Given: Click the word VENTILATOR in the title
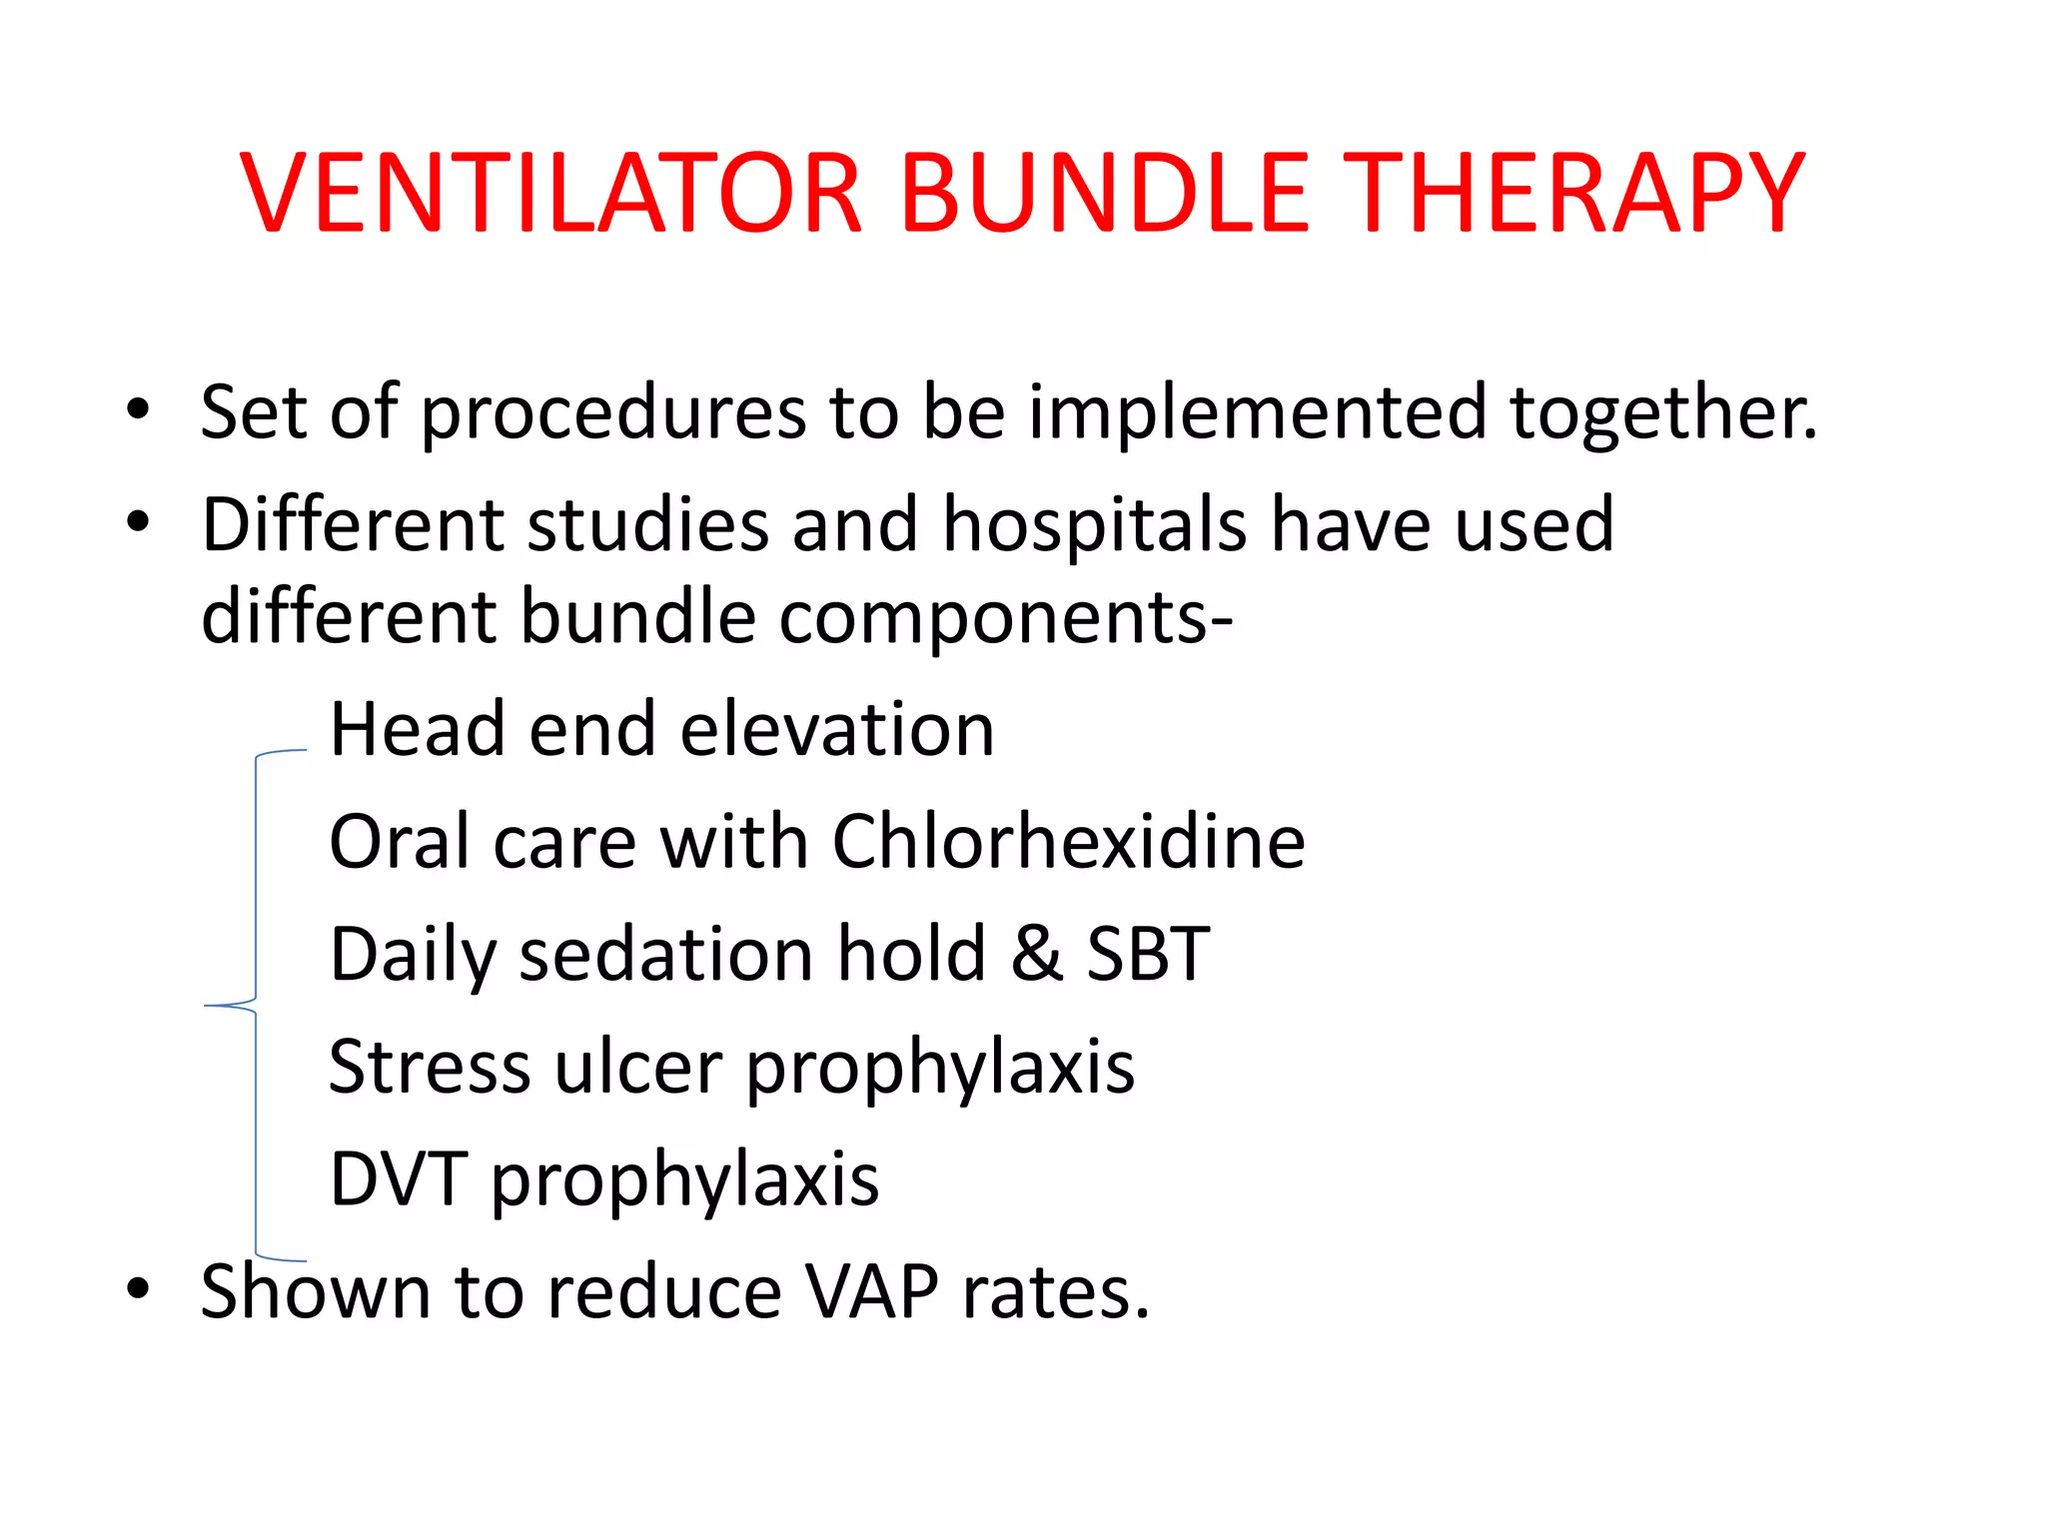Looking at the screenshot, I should (550, 194).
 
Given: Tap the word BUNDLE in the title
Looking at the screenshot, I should (1105, 194).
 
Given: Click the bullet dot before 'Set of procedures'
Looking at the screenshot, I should (138, 408).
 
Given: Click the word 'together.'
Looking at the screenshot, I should (1662, 413).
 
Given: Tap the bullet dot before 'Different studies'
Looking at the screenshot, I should (138, 520).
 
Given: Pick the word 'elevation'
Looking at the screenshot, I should (837, 730).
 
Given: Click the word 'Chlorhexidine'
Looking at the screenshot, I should (1068, 842).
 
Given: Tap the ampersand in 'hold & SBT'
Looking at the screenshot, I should (1036, 954).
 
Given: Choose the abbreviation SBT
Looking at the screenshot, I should (1148, 954).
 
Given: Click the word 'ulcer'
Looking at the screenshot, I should (638, 1068).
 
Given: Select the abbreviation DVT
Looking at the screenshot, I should (398, 1179).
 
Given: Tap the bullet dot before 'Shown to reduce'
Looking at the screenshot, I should (138, 1288).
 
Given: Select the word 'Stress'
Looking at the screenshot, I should (430, 1068).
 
